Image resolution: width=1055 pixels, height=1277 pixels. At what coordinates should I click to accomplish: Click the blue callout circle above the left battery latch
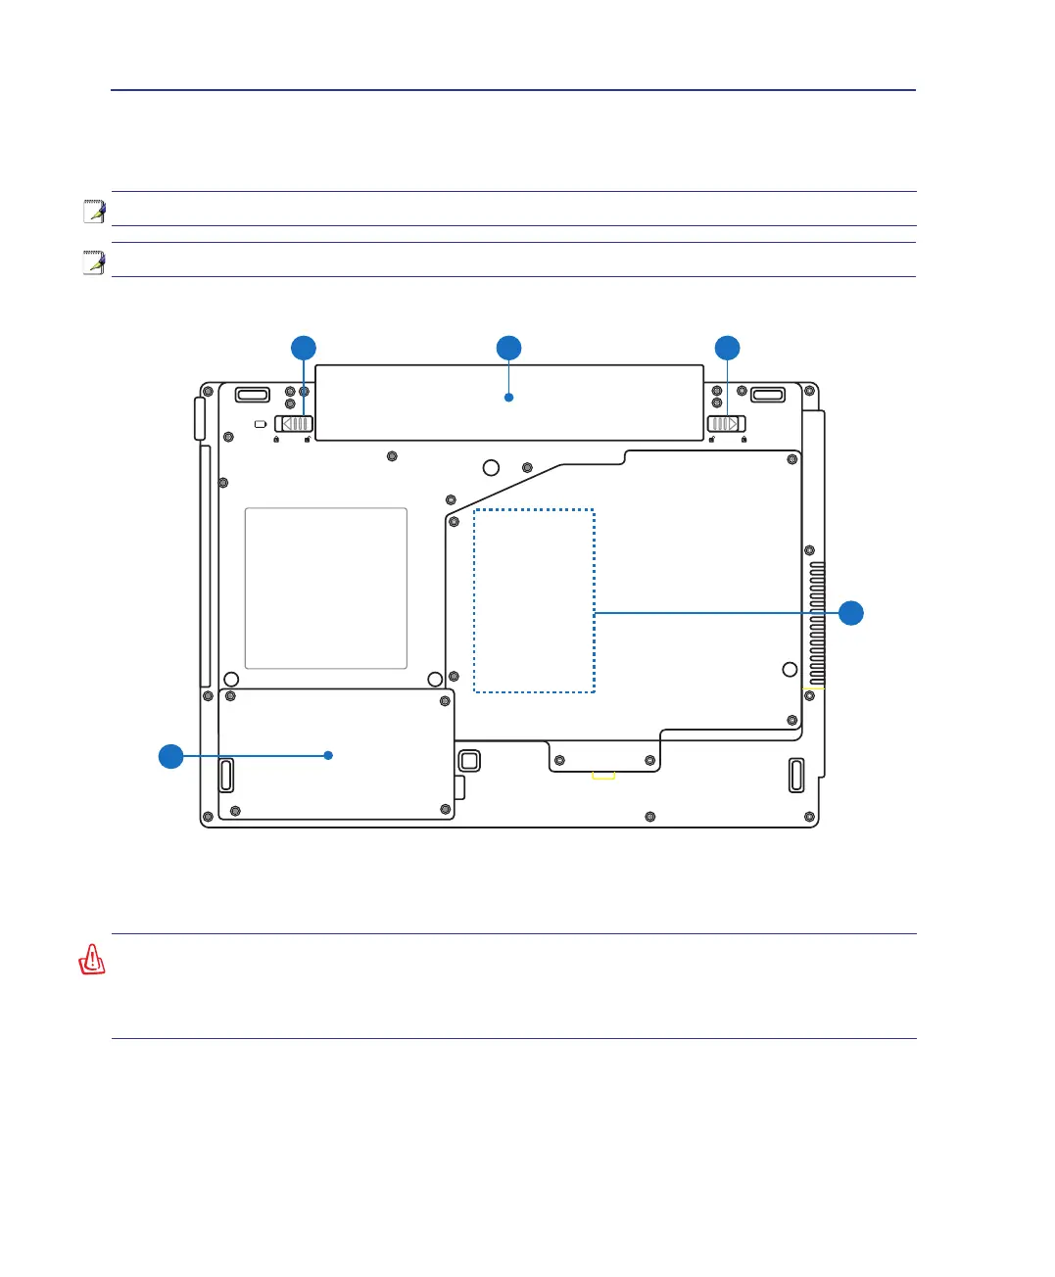[304, 348]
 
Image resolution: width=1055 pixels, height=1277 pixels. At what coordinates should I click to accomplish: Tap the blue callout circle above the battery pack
[508, 348]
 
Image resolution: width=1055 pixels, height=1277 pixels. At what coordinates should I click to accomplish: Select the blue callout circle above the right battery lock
[727, 348]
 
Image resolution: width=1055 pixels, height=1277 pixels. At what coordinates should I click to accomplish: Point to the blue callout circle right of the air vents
[851, 613]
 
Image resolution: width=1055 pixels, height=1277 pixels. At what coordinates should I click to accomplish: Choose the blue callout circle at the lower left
[171, 756]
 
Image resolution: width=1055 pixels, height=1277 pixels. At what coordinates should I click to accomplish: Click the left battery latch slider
[294, 423]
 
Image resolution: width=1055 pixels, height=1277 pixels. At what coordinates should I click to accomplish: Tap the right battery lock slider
[726, 423]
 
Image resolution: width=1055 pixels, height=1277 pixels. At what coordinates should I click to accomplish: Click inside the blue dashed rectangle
[534, 600]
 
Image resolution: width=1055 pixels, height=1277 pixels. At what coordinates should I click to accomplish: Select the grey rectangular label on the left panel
[325, 588]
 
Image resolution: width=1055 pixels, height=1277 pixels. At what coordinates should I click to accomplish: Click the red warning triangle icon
[92, 960]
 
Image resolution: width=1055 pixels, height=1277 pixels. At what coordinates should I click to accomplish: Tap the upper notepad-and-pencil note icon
[94, 211]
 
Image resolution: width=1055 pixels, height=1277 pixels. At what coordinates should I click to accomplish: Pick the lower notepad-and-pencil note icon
[94, 261]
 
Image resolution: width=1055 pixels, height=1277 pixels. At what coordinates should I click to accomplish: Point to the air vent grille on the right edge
[817, 624]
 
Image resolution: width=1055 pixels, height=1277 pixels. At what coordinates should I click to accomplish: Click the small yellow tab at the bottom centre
[603, 776]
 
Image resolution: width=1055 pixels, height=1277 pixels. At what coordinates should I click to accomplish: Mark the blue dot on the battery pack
[508, 398]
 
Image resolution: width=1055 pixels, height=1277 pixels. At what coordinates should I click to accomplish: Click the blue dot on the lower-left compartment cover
[328, 755]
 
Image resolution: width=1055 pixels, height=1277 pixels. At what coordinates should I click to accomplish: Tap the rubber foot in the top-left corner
[252, 395]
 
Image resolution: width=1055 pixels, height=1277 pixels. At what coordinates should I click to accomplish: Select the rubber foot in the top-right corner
[768, 395]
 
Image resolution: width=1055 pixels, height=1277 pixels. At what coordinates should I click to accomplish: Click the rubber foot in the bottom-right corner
[795, 775]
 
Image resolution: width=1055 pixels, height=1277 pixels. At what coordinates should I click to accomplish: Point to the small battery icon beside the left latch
[259, 424]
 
